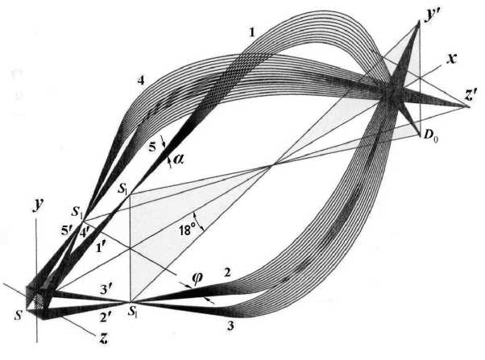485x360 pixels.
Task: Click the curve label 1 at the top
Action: [x=253, y=32]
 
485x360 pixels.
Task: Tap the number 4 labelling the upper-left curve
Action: [x=140, y=81]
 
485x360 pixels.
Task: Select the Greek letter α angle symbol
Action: [x=178, y=160]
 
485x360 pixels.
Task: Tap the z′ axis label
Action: [x=472, y=95]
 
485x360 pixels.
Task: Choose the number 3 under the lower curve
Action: [x=233, y=327]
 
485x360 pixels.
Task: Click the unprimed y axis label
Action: [x=36, y=205]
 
